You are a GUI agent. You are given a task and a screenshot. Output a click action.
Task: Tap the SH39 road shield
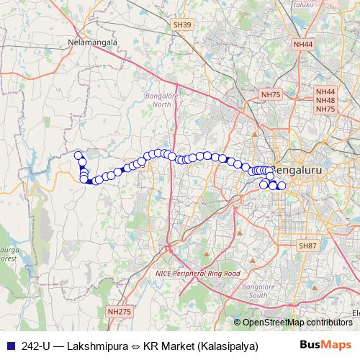183,24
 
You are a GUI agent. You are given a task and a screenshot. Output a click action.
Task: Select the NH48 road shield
325,101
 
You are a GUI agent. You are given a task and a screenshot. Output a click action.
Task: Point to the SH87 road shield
307,246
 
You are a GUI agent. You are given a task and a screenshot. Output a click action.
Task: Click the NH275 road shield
119,311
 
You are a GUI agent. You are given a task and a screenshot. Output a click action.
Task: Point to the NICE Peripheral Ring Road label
197,274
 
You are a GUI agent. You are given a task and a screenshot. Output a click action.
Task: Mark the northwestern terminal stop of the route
78,155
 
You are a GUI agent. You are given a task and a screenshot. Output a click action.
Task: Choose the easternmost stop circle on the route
282,186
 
